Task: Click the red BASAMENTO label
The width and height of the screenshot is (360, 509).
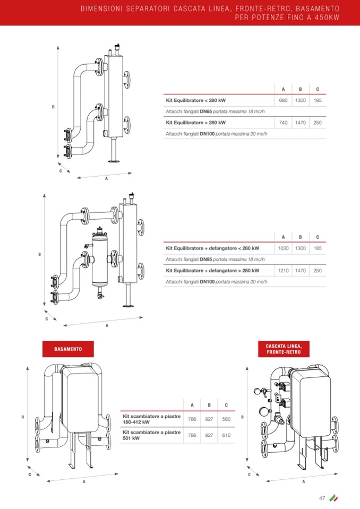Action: coord(68,349)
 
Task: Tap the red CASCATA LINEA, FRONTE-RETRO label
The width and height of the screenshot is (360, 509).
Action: coord(284,349)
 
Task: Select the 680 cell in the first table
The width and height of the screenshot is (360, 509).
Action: coord(283,100)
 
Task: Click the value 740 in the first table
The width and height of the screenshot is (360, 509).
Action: coord(283,123)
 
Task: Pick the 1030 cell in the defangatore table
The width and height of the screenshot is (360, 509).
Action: coord(283,248)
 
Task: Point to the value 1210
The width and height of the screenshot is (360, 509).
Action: coord(283,270)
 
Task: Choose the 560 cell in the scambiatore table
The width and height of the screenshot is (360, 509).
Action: coord(226,419)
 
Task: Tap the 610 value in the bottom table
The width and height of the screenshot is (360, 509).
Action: coord(226,435)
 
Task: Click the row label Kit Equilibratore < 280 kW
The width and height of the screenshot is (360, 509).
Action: coord(196,100)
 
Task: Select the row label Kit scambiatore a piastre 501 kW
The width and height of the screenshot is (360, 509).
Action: coord(152,435)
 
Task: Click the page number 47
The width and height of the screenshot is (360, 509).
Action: coord(322,498)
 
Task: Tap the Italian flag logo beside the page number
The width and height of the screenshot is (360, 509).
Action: coord(333,498)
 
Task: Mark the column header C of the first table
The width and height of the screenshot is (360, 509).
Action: coord(318,89)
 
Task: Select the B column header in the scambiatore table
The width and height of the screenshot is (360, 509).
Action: coord(209,405)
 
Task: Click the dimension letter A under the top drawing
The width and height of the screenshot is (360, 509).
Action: coord(106,179)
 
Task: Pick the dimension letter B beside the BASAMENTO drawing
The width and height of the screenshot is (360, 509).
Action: coord(23,417)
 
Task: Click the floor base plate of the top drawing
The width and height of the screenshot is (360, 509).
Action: coord(114,161)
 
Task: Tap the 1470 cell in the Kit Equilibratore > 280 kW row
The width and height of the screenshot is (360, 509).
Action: coord(301,123)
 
